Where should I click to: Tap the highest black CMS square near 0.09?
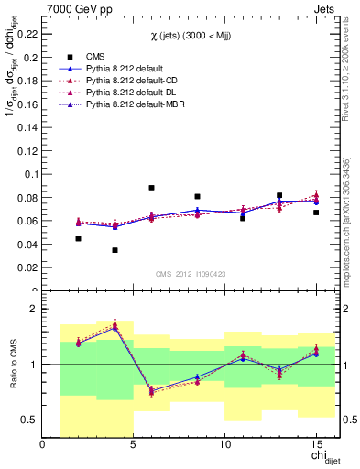click(x=151, y=188)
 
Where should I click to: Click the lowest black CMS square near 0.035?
click(x=115, y=250)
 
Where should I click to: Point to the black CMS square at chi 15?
click(x=316, y=213)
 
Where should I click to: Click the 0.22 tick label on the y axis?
click(x=27, y=33)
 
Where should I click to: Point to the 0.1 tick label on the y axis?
click(x=31, y=174)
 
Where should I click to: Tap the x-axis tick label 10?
click(x=224, y=445)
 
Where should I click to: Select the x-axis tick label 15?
click(x=316, y=445)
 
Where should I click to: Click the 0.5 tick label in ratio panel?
click(x=29, y=420)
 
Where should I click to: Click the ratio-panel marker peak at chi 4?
click(x=115, y=325)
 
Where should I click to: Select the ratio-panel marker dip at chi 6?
click(x=151, y=391)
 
